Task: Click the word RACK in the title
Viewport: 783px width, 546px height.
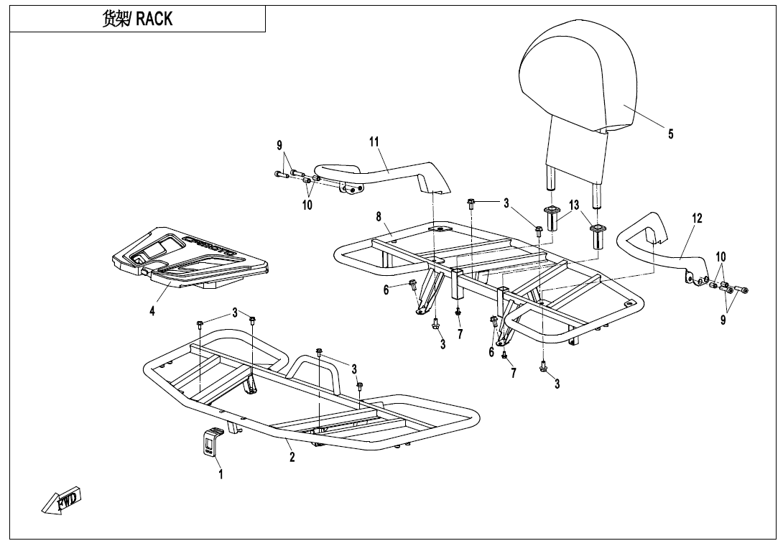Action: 154,19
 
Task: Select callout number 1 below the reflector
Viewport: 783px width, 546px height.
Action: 221,475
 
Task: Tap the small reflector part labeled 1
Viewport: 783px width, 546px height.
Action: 209,443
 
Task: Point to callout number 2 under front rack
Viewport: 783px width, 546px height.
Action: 292,458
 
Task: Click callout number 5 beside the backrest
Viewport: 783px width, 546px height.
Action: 671,134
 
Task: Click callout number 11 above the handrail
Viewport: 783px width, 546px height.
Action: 374,142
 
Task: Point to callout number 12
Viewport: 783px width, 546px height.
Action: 698,218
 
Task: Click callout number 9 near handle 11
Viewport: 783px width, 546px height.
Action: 279,146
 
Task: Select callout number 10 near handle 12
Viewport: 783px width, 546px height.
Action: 721,256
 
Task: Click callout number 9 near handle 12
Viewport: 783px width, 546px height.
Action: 723,320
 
